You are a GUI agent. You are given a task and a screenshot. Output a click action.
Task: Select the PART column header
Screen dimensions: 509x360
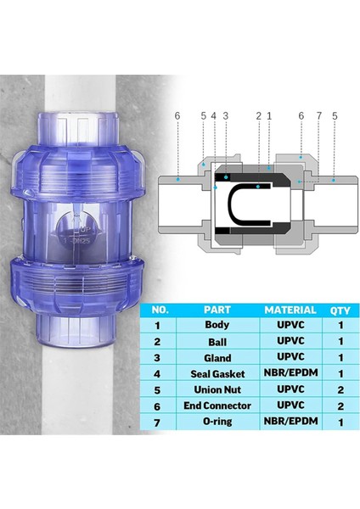click(217, 310)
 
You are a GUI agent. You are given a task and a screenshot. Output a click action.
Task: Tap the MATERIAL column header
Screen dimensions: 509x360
click(291, 310)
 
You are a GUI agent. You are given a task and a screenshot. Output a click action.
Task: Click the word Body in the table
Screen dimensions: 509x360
click(217, 324)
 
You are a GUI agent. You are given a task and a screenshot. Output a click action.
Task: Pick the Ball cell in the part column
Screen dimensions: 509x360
click(217, 341)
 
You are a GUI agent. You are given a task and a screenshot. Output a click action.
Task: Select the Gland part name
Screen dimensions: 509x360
click(217, 357)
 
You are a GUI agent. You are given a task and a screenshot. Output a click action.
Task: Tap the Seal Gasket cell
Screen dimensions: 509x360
click(217, 374)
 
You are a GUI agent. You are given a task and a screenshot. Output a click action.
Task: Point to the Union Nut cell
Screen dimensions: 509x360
click(217, 390)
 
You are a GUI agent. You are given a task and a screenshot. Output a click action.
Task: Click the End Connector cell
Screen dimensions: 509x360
click(217, 406)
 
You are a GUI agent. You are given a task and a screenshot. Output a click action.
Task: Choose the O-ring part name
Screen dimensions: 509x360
click(217, 422)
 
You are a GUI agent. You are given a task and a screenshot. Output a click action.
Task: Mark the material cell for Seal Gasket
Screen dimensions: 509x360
click(291, 374)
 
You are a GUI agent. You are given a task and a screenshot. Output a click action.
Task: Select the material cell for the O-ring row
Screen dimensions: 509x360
click(291, 422)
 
